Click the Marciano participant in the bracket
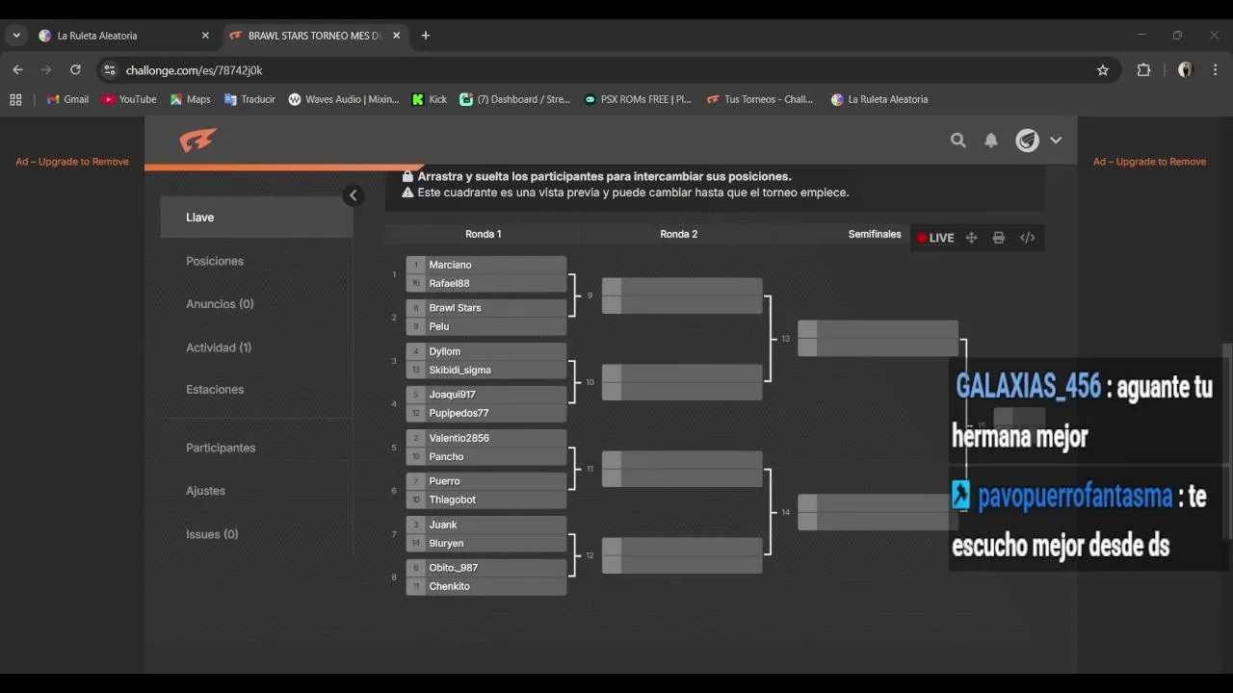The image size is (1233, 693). [486, 265]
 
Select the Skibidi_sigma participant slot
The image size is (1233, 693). [486, 370]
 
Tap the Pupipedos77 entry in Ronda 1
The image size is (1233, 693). [486, 413]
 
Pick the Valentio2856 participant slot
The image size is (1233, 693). [486, 438]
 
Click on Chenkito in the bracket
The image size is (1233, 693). [486, 586]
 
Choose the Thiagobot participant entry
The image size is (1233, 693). [486, 500]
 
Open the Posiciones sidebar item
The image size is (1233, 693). [215, 261]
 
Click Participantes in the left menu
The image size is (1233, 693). [221, 448]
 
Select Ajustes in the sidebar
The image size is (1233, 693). [205, 491]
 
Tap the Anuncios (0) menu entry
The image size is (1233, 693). [220, 304]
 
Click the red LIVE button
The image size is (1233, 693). [935, 238]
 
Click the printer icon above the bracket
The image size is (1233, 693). [999, 238]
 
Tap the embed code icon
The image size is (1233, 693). [1028, 238]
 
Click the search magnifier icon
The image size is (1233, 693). [958, 141]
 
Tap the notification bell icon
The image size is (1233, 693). [991, 141]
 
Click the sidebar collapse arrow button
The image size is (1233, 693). [353, 195]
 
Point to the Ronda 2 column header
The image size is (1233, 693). [679, 234]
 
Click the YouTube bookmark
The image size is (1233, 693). [129, 99]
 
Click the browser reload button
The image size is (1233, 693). [75, 70]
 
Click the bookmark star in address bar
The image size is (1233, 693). [1103, 70]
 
